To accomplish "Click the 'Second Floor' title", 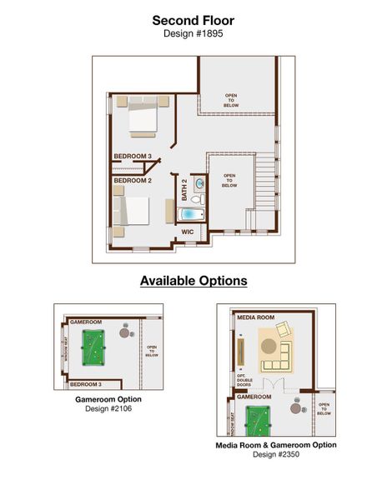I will [193, 19].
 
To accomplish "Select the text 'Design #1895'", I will [193, 35].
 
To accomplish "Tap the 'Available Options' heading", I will [193, 281].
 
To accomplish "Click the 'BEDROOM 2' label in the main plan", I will [132, 181].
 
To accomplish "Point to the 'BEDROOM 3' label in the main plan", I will [132, 156].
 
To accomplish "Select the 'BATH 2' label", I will [185, 192].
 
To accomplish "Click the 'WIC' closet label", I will [188, 232].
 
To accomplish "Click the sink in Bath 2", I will [199, 182].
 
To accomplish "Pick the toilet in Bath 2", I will [198, 200].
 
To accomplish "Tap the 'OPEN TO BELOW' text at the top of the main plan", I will [231, 99].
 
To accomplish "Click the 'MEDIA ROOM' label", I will [256, 317].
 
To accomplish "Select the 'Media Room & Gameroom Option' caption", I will [275, 445].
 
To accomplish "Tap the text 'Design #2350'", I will [275, 455].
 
